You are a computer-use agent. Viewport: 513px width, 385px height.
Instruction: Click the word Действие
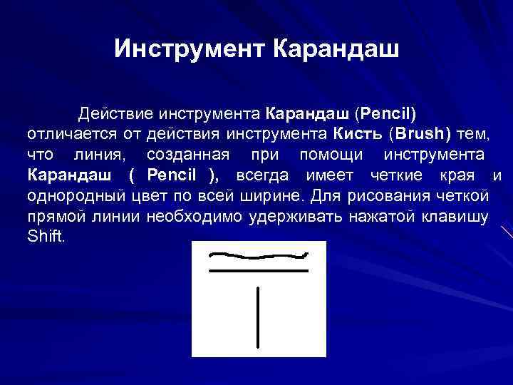point(115,113)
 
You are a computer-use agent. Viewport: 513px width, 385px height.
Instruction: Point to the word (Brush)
point(420,134)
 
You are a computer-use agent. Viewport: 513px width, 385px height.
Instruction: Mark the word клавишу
point(459,217)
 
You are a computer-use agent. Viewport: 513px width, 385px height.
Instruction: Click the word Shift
point(46,237)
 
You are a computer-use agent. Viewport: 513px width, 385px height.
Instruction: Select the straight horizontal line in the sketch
point(257,272)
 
